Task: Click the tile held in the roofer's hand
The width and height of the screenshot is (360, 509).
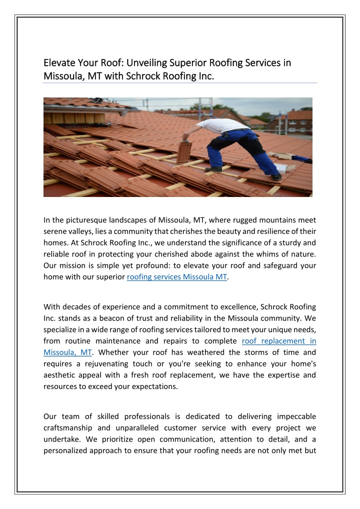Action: pyautogui.click(x=184, y=152)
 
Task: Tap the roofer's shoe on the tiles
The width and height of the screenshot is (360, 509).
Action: pyautogui.click(x=276, y=176)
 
